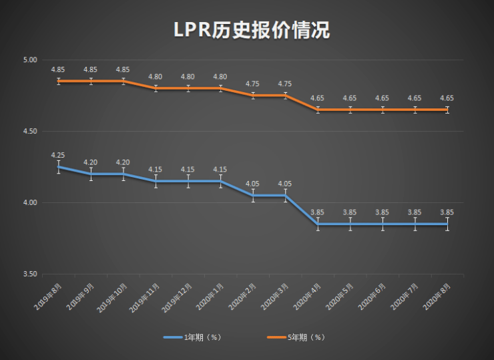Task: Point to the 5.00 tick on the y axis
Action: [29, 60]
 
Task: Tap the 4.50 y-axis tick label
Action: [29, 132]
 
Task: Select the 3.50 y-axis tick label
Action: [29, 274]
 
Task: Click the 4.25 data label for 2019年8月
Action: [58, 155]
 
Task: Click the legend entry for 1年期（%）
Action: [193, 337]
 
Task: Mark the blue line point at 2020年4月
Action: [318, 224]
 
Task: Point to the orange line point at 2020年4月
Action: [318, 110]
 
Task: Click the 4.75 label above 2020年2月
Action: [253, 84]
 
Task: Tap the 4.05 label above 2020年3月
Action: [285, 184]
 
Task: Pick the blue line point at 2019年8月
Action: [58, 167]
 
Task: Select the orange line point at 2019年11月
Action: [156, 88]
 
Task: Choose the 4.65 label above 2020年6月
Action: [383, 98]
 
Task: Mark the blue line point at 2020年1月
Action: [220, 181]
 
